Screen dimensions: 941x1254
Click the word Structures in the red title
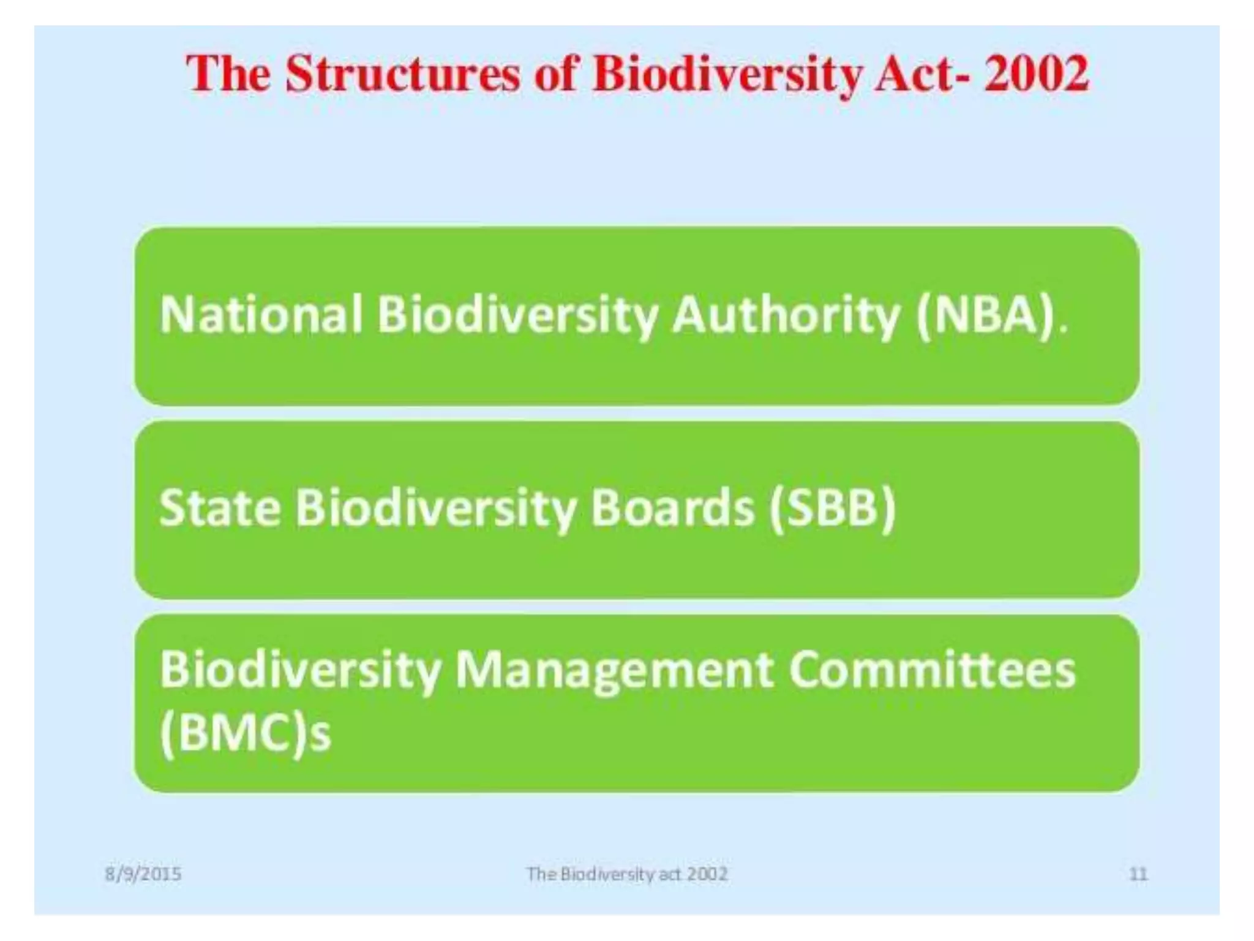tap(402, 75)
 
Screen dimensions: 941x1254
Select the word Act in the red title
tap(913, 75)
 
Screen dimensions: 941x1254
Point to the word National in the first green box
tap(261, 315)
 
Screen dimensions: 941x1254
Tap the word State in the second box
tap(220, 508)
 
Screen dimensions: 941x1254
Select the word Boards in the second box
tap(672, 508)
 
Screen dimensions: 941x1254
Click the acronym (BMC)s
tap(245, 733)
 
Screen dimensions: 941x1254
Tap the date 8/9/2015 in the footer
tap(143, 874)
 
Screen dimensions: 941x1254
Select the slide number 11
tap(1138, 874)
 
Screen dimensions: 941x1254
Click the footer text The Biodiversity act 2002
tap(627, 874)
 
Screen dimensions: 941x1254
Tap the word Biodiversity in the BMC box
tap(301, 670)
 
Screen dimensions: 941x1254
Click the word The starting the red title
tap(229, 75)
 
